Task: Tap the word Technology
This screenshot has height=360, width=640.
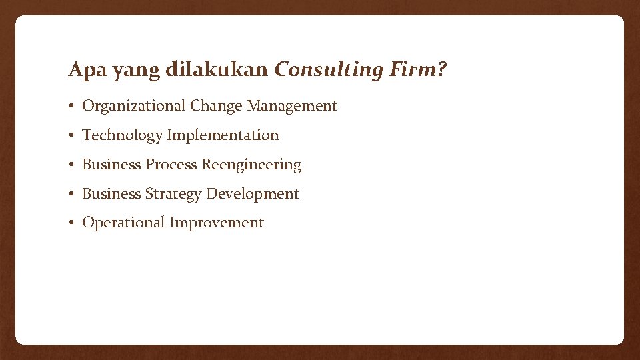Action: click(122, 135)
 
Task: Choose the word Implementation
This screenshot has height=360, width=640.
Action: click(223, 135)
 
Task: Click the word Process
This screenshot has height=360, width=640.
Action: click(171, 165)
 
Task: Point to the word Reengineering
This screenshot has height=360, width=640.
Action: click(251, 165)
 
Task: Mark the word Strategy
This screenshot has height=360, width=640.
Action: click(173, 194)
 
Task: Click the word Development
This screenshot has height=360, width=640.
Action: click(253, 194)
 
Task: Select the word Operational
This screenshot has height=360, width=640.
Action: click(123, 223)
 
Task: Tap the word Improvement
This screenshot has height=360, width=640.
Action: click(217, 223)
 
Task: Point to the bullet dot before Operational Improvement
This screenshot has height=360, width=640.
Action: click(71, 223)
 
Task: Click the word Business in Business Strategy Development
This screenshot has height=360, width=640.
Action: click(111, 194)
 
